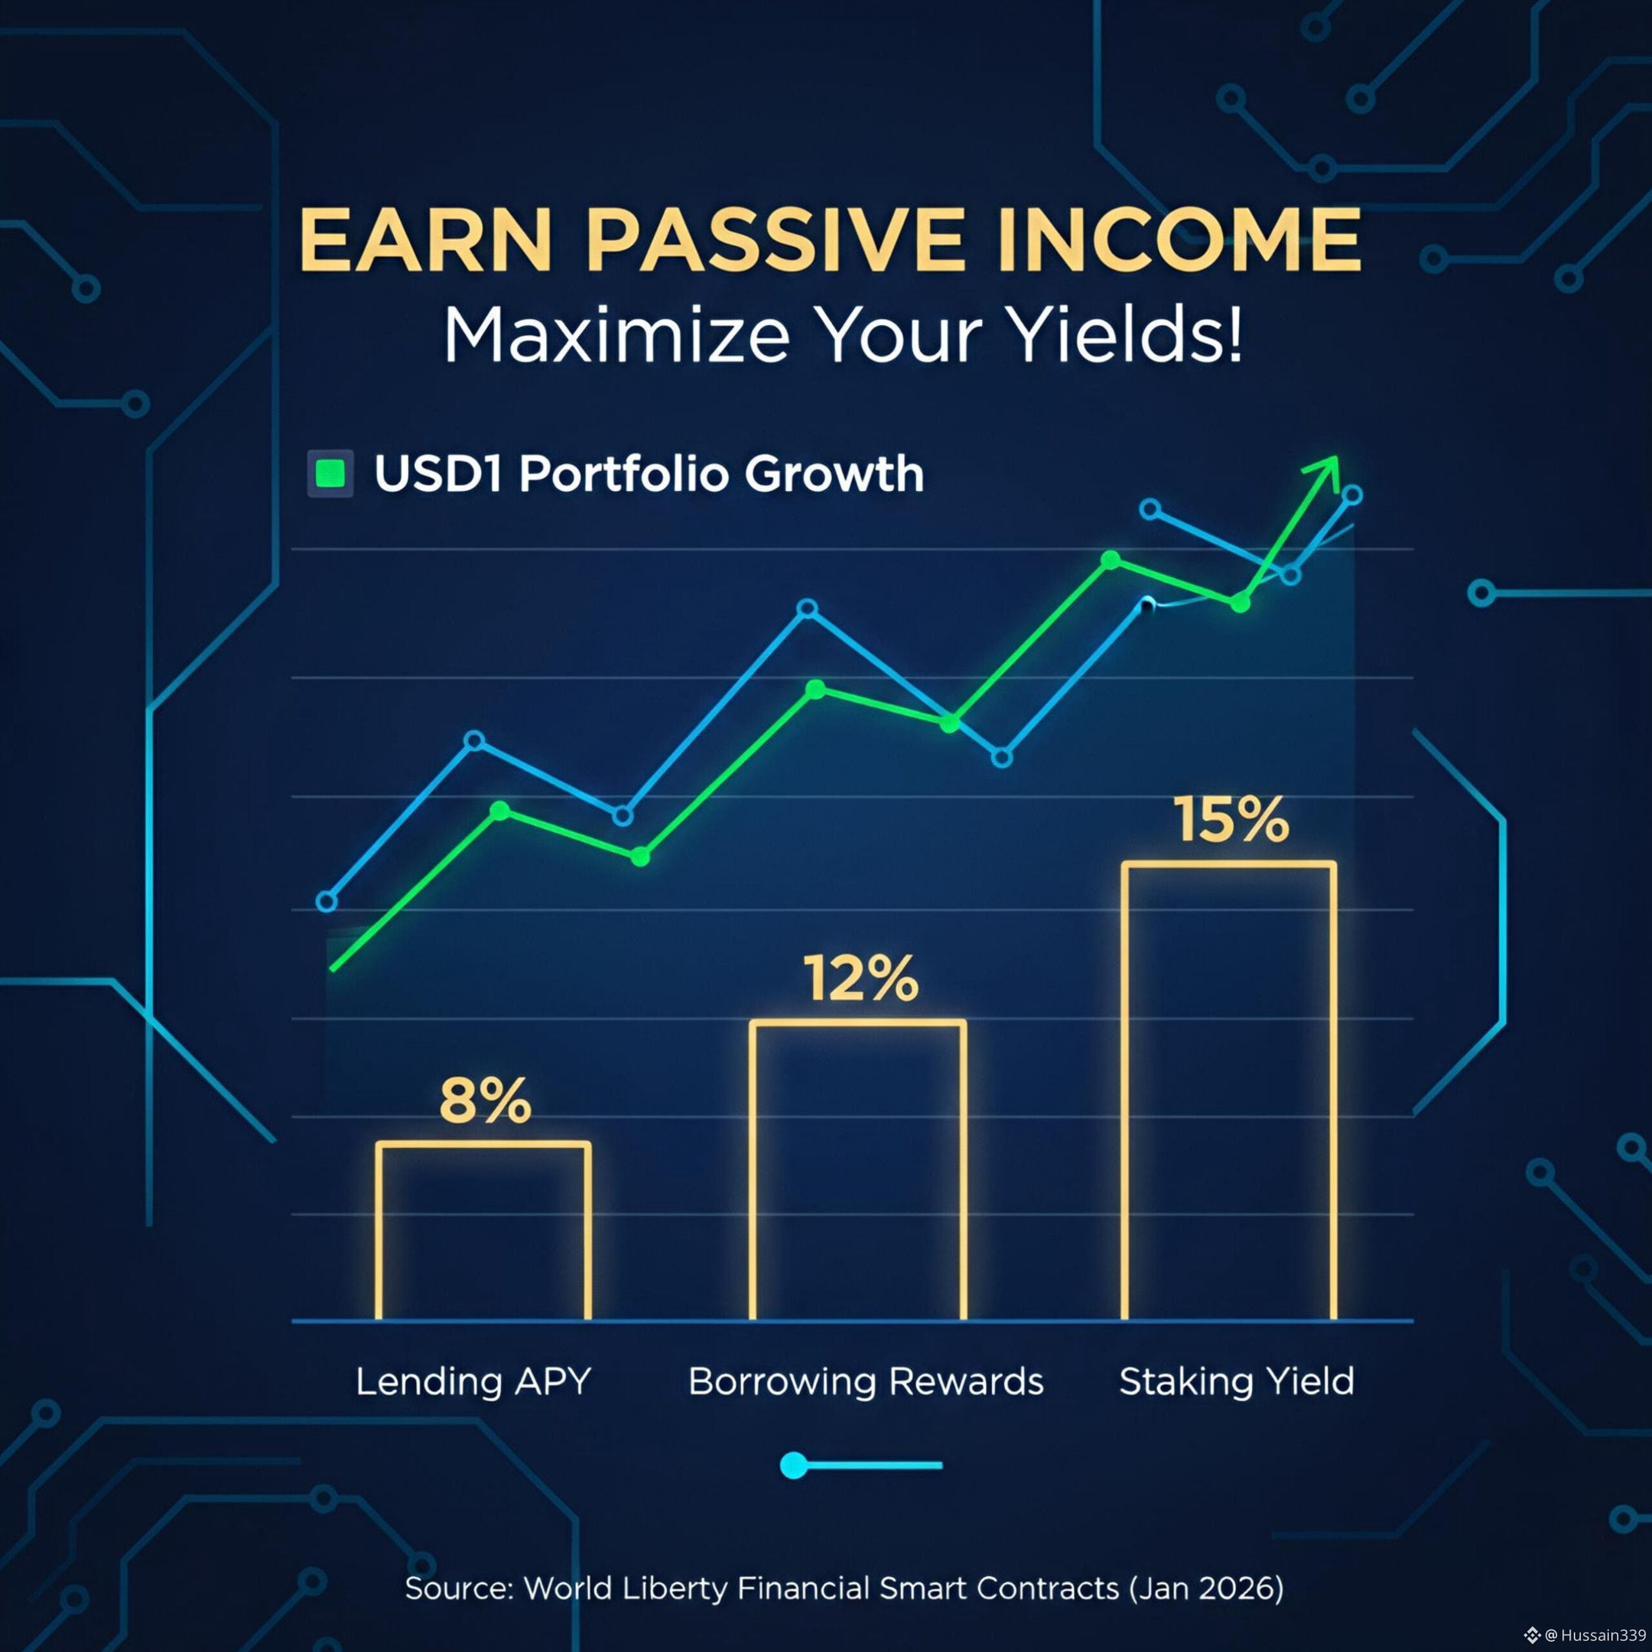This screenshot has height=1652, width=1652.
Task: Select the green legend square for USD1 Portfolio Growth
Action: pyautogui.click(x=330, y=473)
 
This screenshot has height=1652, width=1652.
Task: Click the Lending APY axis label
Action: pyautogui.click(x=473, y=1382)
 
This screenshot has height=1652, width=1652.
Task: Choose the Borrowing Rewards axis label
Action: pyautogui.click(x=865, y=1382)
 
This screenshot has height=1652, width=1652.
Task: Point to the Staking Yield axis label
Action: pyautogui.click(x=1236, y=1382)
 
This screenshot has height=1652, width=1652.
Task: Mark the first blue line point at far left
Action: pyautogui.click(x=327, y=902)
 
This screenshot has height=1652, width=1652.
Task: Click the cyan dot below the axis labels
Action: pyautogui.click(x=794, y=1465)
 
